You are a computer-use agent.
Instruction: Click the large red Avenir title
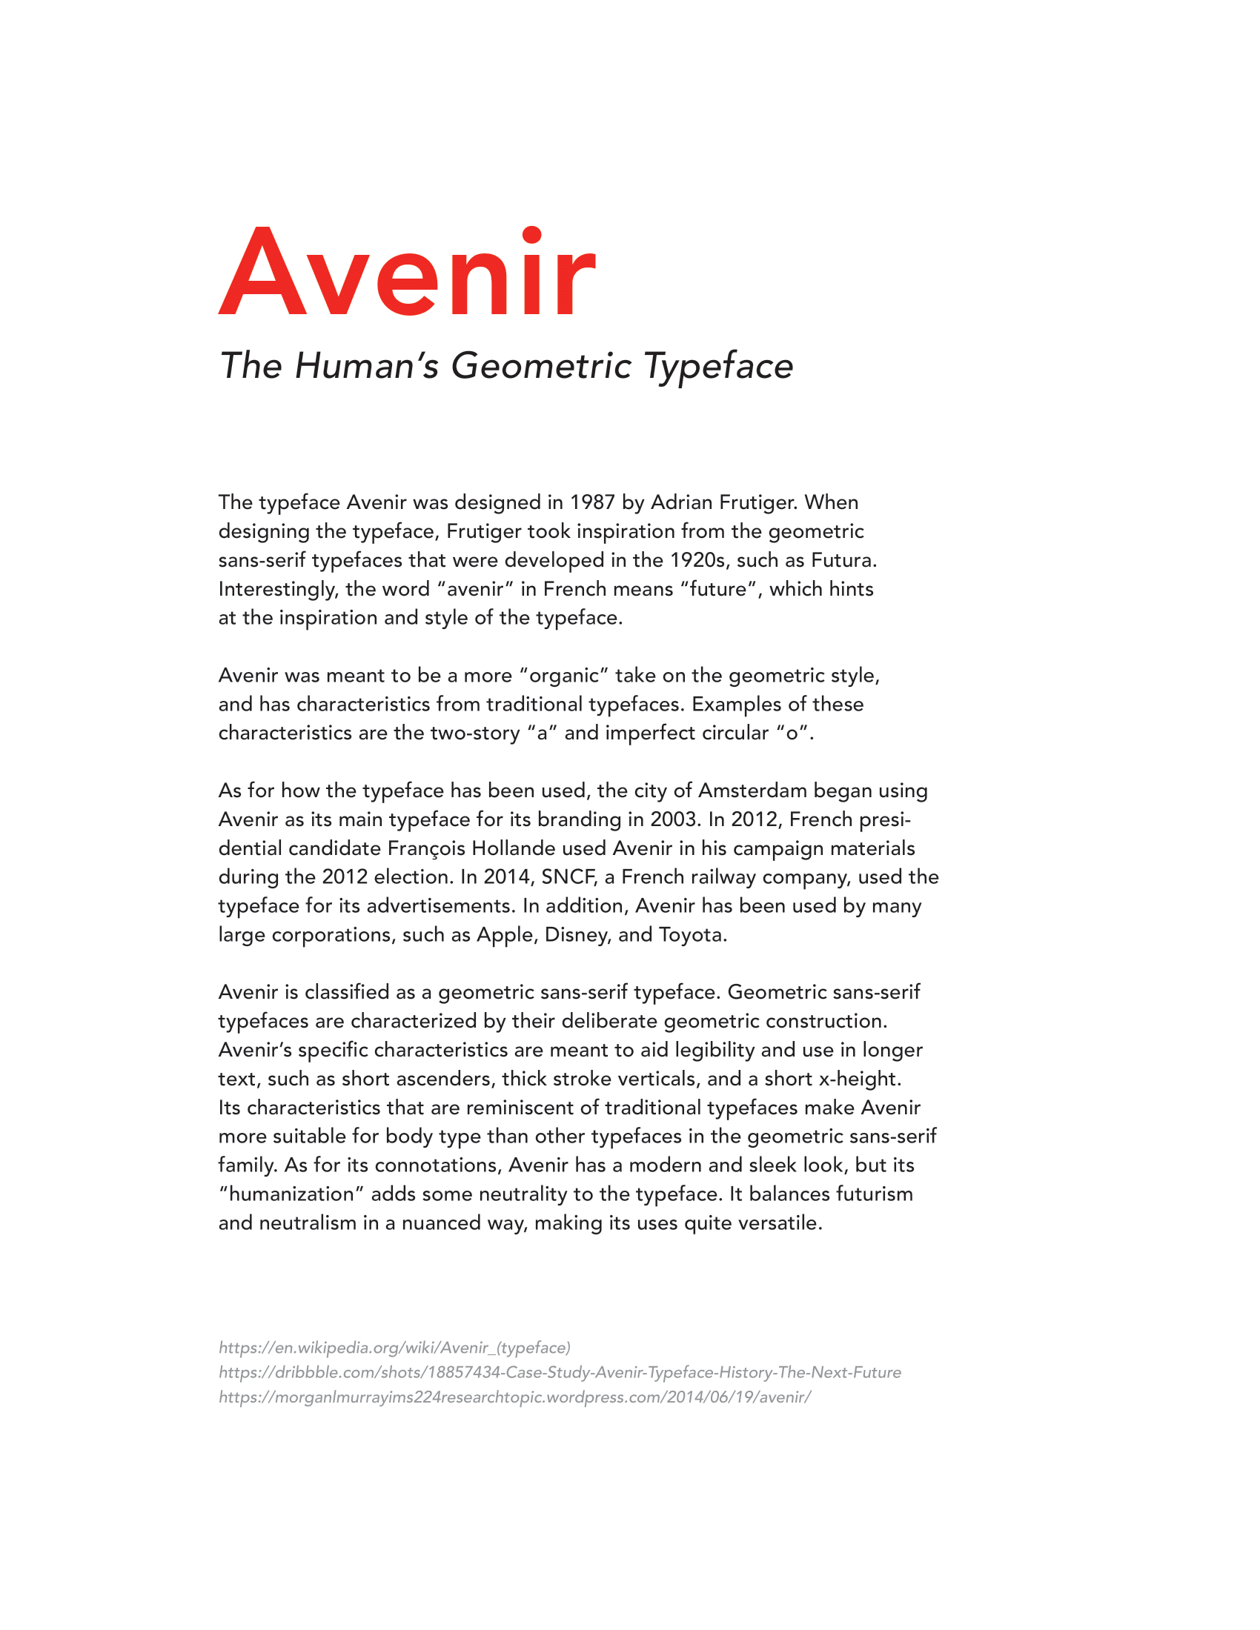[x=408, y=272]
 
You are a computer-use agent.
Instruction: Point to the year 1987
[x=593, y=502]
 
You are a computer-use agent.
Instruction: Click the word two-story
[x=475, y=733]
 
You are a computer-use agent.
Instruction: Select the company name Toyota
[x=692, y=934]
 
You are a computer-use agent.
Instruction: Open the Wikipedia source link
[x=394, y=1348]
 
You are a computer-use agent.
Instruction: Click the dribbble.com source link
[x=559, y=1372]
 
